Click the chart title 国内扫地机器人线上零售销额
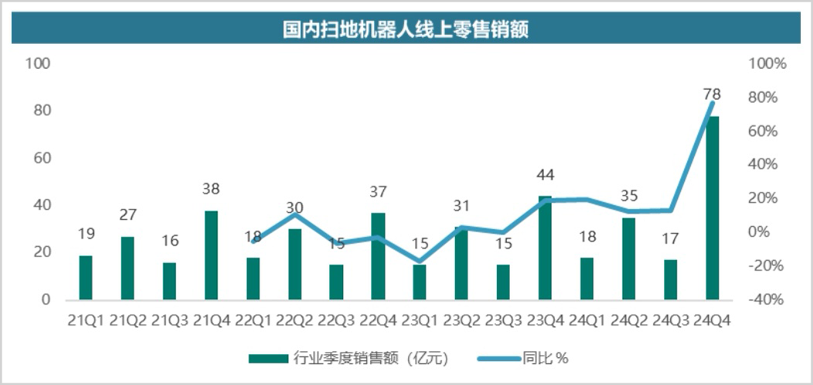[406, 29]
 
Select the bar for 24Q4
[713, 208]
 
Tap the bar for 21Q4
[211, 255]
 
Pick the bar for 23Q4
[546, 248]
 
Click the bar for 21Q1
[86, 278]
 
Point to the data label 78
[712, 94]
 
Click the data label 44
[546, 175]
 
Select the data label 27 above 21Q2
[128, 215]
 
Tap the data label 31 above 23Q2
[462, 206]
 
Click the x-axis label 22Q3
[336, 320]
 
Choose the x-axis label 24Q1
[587, 320]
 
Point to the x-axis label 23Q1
[420, 320]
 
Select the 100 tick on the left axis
[39, 64]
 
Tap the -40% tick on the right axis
[768, 300]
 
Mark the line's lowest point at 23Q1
[420, 261]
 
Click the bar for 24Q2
[629, 259]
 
